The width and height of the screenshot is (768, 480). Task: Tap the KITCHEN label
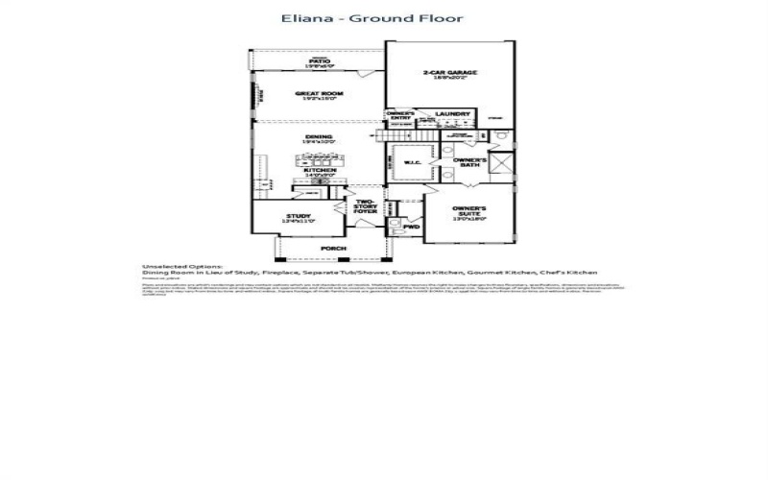tap(319, 172)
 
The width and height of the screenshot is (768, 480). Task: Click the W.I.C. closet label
tap(413, 162)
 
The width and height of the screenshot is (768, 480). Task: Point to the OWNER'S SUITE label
tap(469, 212)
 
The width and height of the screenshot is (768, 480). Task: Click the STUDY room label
tap(298, 218)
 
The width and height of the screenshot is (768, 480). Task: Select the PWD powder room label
tap(411, 228)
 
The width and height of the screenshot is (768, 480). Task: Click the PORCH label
tap(333, 249)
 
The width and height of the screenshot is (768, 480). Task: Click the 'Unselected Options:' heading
tap(182, 266)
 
